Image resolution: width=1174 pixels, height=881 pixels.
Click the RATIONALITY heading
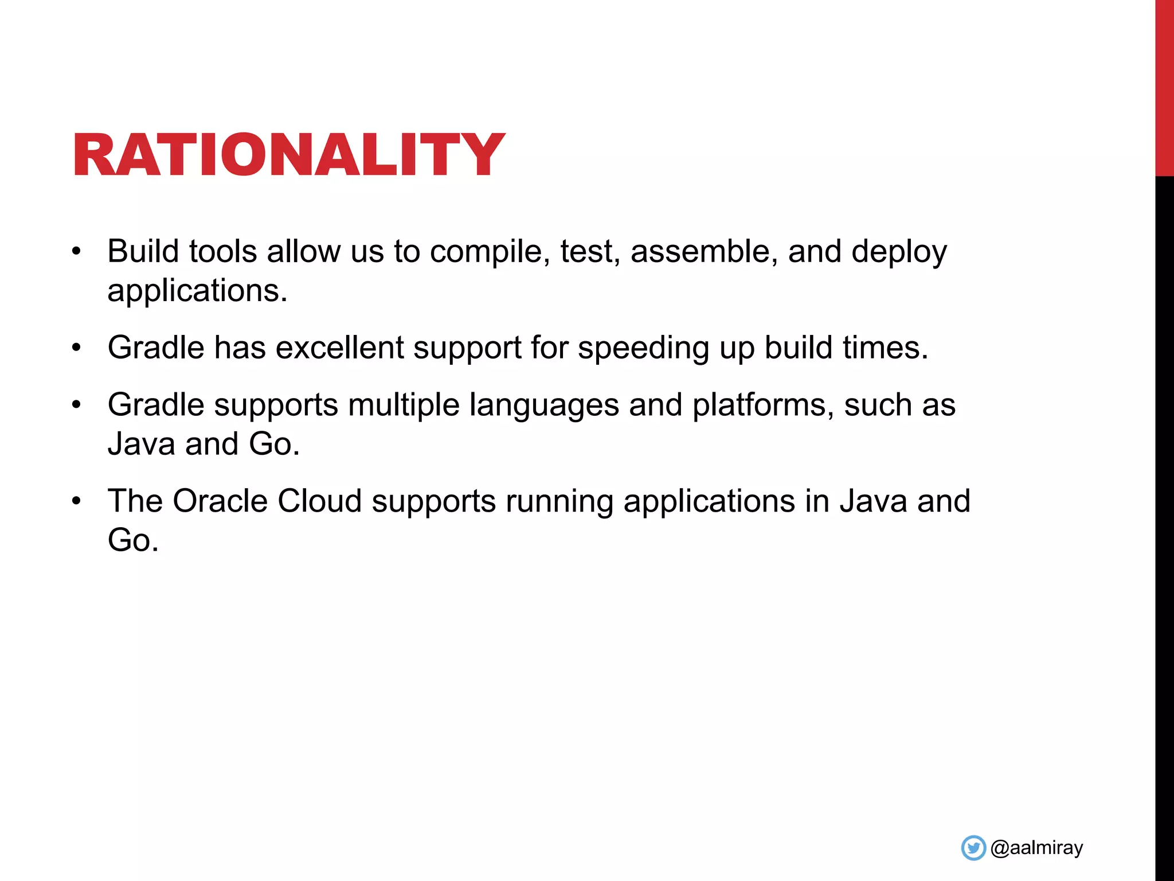[288, 155]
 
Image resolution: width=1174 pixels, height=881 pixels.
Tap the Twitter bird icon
[973, 848]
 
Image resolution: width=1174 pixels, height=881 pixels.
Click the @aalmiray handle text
[1036, 848]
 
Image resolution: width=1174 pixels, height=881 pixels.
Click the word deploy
[899, 252]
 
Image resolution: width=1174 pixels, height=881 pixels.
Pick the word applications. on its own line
[197, 291]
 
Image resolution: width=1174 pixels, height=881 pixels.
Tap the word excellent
[339, 348]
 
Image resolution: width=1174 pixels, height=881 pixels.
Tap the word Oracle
[220, 501]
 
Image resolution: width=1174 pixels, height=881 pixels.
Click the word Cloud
[319, 501]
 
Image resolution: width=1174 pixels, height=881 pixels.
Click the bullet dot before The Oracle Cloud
[77, 501]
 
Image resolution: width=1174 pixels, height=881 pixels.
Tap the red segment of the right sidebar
[1164, 86]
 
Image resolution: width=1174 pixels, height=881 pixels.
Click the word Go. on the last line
[132, 540]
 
